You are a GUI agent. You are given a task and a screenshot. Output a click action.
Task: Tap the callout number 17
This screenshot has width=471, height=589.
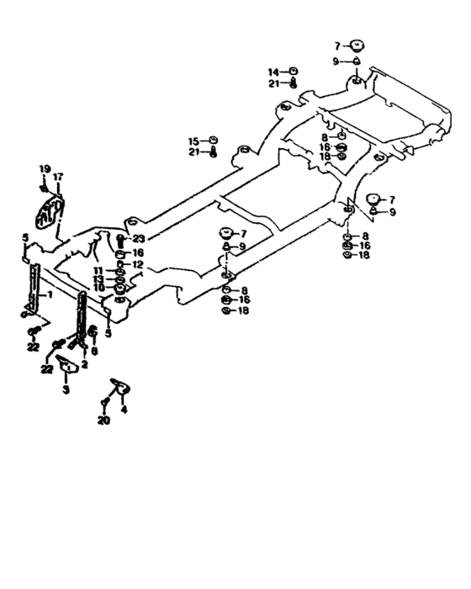click(x=58, y=177)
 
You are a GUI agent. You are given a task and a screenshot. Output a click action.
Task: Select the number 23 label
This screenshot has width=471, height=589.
click(x=139, y=238)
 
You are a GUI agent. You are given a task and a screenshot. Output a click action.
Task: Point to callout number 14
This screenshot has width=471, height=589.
click(x=273, y=71)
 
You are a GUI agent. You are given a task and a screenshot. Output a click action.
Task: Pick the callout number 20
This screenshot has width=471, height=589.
click(x=103, y=420)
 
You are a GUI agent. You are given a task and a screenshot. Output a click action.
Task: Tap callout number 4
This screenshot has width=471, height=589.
click(x=124, y=411)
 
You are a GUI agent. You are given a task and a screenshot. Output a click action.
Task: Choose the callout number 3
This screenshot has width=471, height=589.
click(x=66, y=390)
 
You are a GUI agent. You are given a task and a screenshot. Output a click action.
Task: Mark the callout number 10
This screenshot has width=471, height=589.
click(x=98, y=288)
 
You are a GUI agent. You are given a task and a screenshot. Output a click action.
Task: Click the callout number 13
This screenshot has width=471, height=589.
click(x=98, y=279)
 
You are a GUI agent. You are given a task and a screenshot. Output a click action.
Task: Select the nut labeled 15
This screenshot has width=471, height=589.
click(x=214, y=140)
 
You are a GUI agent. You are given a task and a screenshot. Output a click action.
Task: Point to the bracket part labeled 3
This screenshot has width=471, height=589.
click(x=68, y=367)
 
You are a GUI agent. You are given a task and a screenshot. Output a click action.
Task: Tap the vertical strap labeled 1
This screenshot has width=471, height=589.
click(x=33, y=286)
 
